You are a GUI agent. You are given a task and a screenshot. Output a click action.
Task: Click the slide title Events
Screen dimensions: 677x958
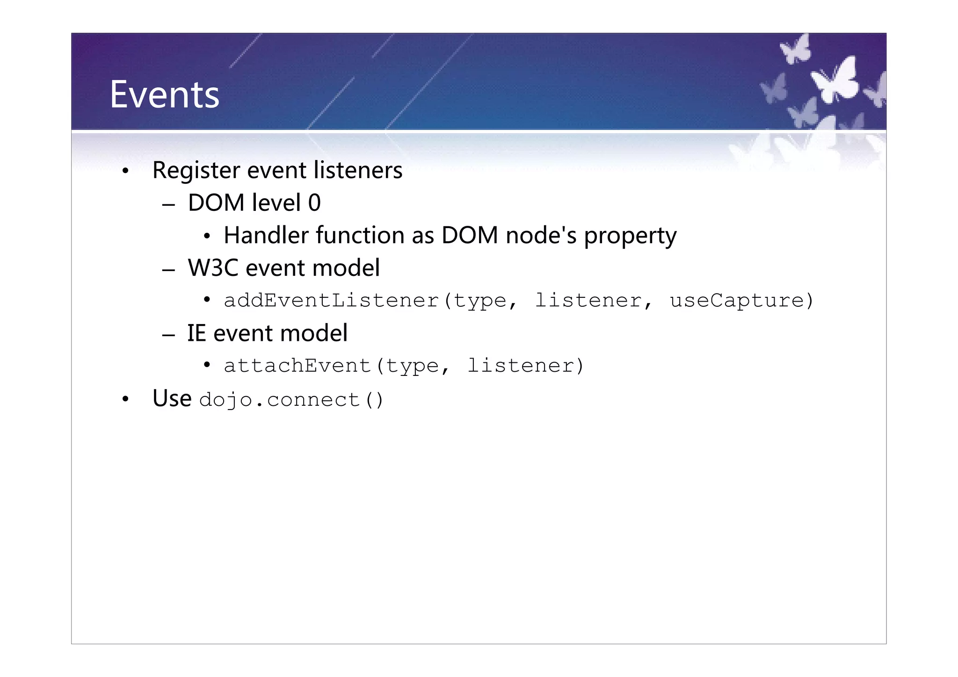[x=164, y=95]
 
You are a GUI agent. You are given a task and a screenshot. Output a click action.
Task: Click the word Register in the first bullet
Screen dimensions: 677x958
[x=196, y=171]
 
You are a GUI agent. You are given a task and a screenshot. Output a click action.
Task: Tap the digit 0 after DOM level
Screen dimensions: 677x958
[x=314, y=203]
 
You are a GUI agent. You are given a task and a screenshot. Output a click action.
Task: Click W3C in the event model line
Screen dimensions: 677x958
[x=213, y=268]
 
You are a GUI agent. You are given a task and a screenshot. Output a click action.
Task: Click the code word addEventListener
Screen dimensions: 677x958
[x=331, y=301]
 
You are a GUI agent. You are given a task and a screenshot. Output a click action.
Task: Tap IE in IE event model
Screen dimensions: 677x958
[x=196, y=333]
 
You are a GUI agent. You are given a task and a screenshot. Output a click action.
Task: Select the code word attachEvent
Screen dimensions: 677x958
[x=298, y=366]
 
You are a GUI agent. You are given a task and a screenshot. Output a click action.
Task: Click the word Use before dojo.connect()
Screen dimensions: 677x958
[x=172, y=399]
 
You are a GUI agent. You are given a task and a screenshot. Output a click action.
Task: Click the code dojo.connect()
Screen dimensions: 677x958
[x=291, y=400]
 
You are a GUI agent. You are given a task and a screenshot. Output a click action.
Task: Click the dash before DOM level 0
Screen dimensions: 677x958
[x=168, y=205]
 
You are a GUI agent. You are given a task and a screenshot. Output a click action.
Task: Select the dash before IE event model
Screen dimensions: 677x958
[x=168, y=335]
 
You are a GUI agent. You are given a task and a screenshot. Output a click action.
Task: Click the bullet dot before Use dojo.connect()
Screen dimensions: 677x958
[x=125, y=400]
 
